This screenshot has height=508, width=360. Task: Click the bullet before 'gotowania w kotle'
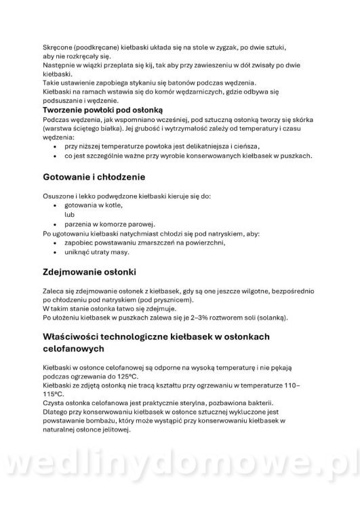pyautogui.click(x=55, y=205)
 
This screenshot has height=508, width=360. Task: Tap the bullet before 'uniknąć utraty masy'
pyautogui.click(x=55, y=252)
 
